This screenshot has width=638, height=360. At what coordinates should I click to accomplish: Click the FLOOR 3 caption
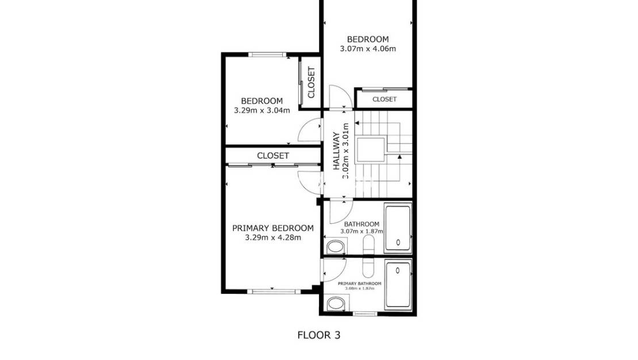coord(318,335)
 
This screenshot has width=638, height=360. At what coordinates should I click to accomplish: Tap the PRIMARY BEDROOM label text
coord(272,228)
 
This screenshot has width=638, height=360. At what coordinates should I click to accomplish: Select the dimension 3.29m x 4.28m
coord(272,237)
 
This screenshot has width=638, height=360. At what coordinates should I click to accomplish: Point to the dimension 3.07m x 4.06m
coord(368,48)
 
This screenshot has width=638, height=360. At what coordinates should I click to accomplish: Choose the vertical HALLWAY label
coord(336,151)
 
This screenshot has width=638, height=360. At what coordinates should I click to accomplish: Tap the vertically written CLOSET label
coord(312,82)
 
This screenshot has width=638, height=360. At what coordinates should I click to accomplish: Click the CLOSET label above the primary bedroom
coord(273,156)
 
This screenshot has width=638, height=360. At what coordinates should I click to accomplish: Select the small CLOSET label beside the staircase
coord(385,99)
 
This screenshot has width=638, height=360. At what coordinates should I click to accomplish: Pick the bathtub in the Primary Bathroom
coord(398,285)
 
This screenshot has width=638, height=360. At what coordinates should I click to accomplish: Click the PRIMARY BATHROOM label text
coord(359,284)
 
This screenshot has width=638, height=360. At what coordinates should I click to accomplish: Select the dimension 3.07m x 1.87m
coord(362,231)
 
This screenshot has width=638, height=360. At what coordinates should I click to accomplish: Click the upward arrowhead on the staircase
coord(399,156)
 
